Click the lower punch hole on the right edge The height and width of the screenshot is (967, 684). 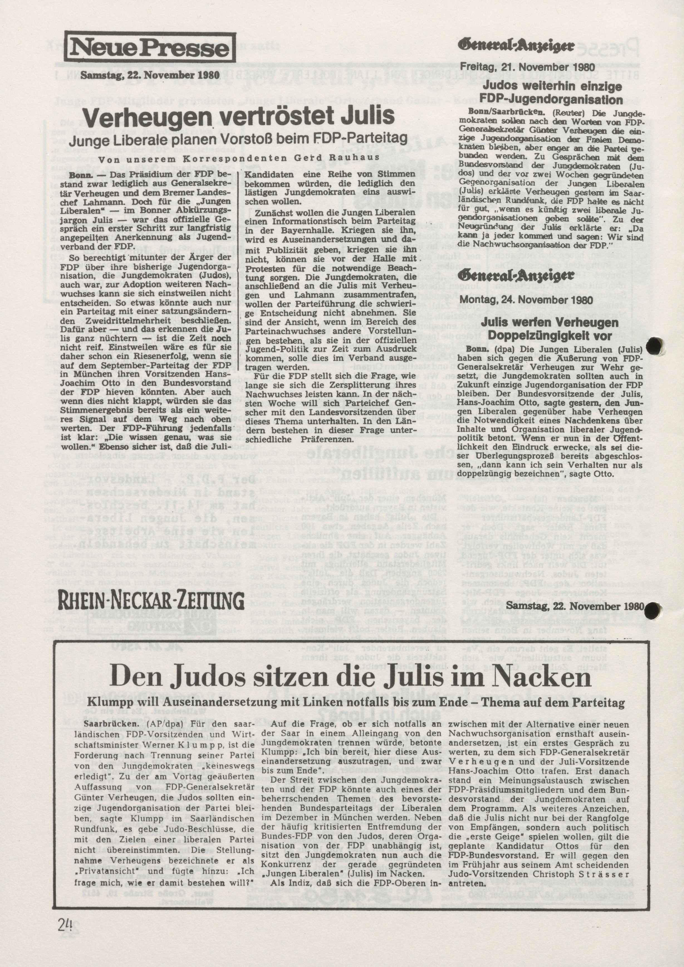[653, 618]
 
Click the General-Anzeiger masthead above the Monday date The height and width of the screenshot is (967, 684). [518, 276]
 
